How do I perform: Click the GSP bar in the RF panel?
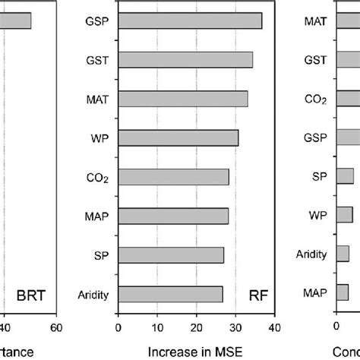pyautogui.click(x=190, y=21)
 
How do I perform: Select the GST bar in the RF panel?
pyautogui.click(x=185, y=59)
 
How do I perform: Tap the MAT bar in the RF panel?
pyautogui.click(x=183, y=98)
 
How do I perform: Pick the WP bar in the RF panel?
pyautogui.click(x=178, y=137)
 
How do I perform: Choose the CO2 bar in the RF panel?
pyautogui.click(x=174, y=177)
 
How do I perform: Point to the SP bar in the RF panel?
pyautogui.click(x=171, y=255)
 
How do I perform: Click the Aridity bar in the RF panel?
pyautogui.click(x=170, y=294)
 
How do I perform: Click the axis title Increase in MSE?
pyautogui.click(x=196, y=352)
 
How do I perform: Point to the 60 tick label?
pyautogui.click(x=55, y=328)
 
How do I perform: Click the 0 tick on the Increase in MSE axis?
pyautogui.click(x=118, y=328)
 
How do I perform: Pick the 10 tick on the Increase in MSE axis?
pyautogui.click(x=157, y=328)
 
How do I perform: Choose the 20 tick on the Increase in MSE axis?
pyautogui.click(x=197, y=328)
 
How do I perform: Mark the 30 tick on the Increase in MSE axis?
pyautogui.click(x=235, y=328)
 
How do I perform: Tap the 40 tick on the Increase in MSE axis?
pyautogui.click(x=274, y=328)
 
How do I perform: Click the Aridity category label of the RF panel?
pyautogui.click(x=93, y=295)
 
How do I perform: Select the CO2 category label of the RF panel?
pyautogui.click(x=97, y=178)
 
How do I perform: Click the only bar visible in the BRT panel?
pyautogui.click(x=16, y=21)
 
